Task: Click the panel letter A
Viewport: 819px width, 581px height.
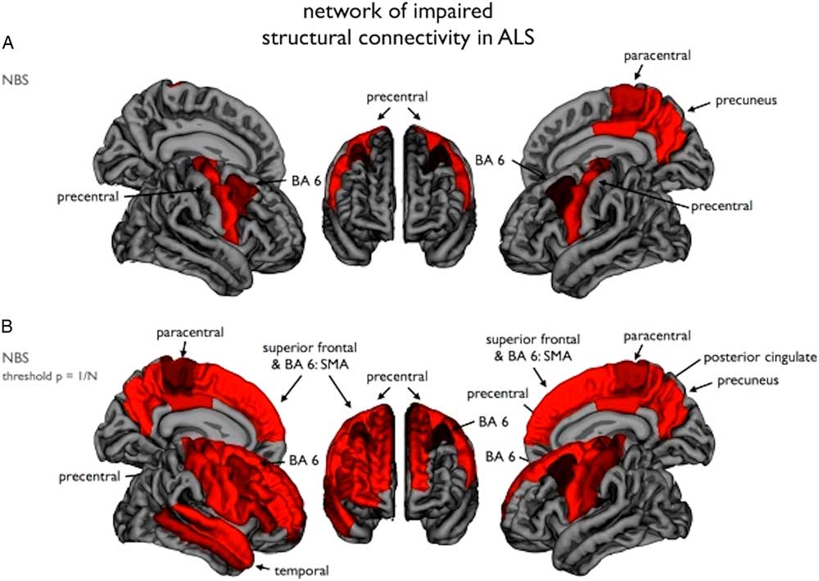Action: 8,43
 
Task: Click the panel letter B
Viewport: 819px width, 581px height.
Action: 7,327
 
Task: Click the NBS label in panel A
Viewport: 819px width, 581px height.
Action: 15,80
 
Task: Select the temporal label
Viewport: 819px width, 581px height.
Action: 303,570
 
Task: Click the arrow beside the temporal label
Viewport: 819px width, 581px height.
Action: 265,568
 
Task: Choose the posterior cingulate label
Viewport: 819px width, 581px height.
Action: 760,358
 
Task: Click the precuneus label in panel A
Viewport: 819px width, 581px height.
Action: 745,100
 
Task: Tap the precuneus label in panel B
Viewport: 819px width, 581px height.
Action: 748,381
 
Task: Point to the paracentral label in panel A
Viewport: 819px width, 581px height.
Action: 657,56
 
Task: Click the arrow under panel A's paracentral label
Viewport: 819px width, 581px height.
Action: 638,74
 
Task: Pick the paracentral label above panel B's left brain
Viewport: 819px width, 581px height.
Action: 190,332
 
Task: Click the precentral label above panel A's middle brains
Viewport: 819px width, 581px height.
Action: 397,97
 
